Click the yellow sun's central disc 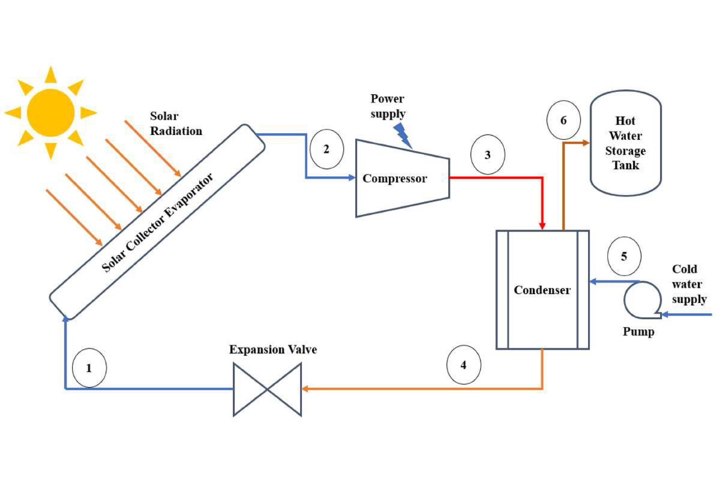click(x=51, y=112)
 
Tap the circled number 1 click(x=89, y=368)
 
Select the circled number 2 click(x=326, y=149)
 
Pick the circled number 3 click(x=487, y=155)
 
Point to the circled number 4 click(x=463, y=364)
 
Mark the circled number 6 click(x=563, y=121)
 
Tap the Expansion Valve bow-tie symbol click(x=267, y=389)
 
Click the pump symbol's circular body click(x=640, y=299)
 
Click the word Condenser click(x=542, y=290)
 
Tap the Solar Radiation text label click(x=175, y=123)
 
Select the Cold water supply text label click(x=689, y=284)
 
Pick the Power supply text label click(x=388, y=106)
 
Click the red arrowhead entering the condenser click(x=542, y=225)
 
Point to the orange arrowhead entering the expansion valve click(x=305, y=389)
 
